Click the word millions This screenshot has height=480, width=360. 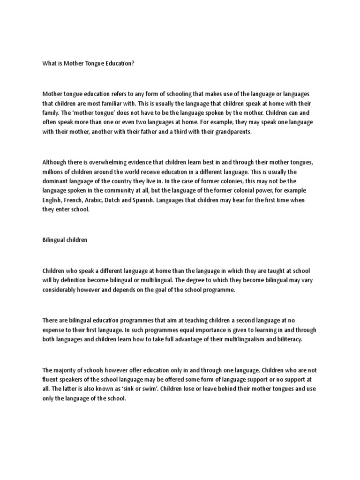[54, 171]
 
